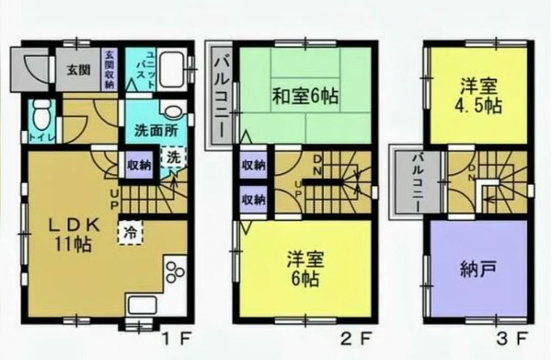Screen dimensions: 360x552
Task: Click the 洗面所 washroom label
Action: pos(150,129)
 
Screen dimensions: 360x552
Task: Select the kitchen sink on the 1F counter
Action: pos(141,308)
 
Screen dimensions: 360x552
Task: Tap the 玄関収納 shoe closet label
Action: pos(109,70)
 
